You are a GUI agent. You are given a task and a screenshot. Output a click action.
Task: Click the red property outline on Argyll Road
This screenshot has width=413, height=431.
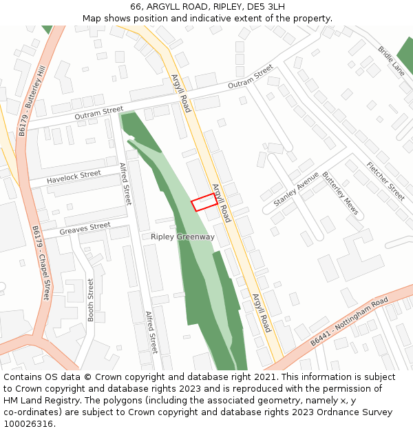point(204,203)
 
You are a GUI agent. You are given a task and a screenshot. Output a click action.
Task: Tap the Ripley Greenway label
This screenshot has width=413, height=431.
point(182,237)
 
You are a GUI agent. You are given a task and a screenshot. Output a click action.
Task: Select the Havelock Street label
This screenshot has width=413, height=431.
point(74,177)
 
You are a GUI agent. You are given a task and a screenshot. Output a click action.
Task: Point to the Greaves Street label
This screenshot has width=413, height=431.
point(85,228)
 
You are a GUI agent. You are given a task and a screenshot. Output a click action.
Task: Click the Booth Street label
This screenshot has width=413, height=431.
point(90,299)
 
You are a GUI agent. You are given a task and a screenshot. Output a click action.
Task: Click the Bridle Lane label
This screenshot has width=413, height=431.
point(390,61)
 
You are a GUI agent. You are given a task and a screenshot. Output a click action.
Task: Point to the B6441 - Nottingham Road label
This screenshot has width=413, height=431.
point(349,322)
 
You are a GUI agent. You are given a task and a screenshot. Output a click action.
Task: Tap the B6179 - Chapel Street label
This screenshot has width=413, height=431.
point(41,263)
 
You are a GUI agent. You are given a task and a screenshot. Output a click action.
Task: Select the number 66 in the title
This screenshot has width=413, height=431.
point(136,7)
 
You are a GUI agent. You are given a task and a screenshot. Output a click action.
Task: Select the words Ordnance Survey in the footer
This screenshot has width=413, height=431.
point(354,412)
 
